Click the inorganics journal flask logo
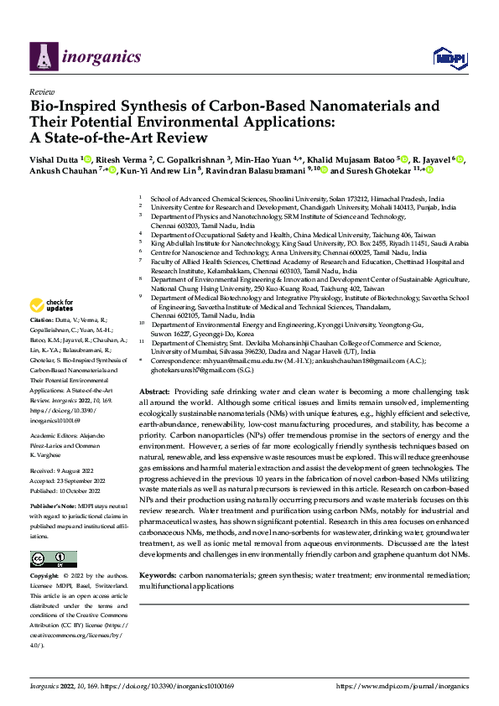[44, 55]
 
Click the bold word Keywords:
[158, 576]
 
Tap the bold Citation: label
[43, 344]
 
